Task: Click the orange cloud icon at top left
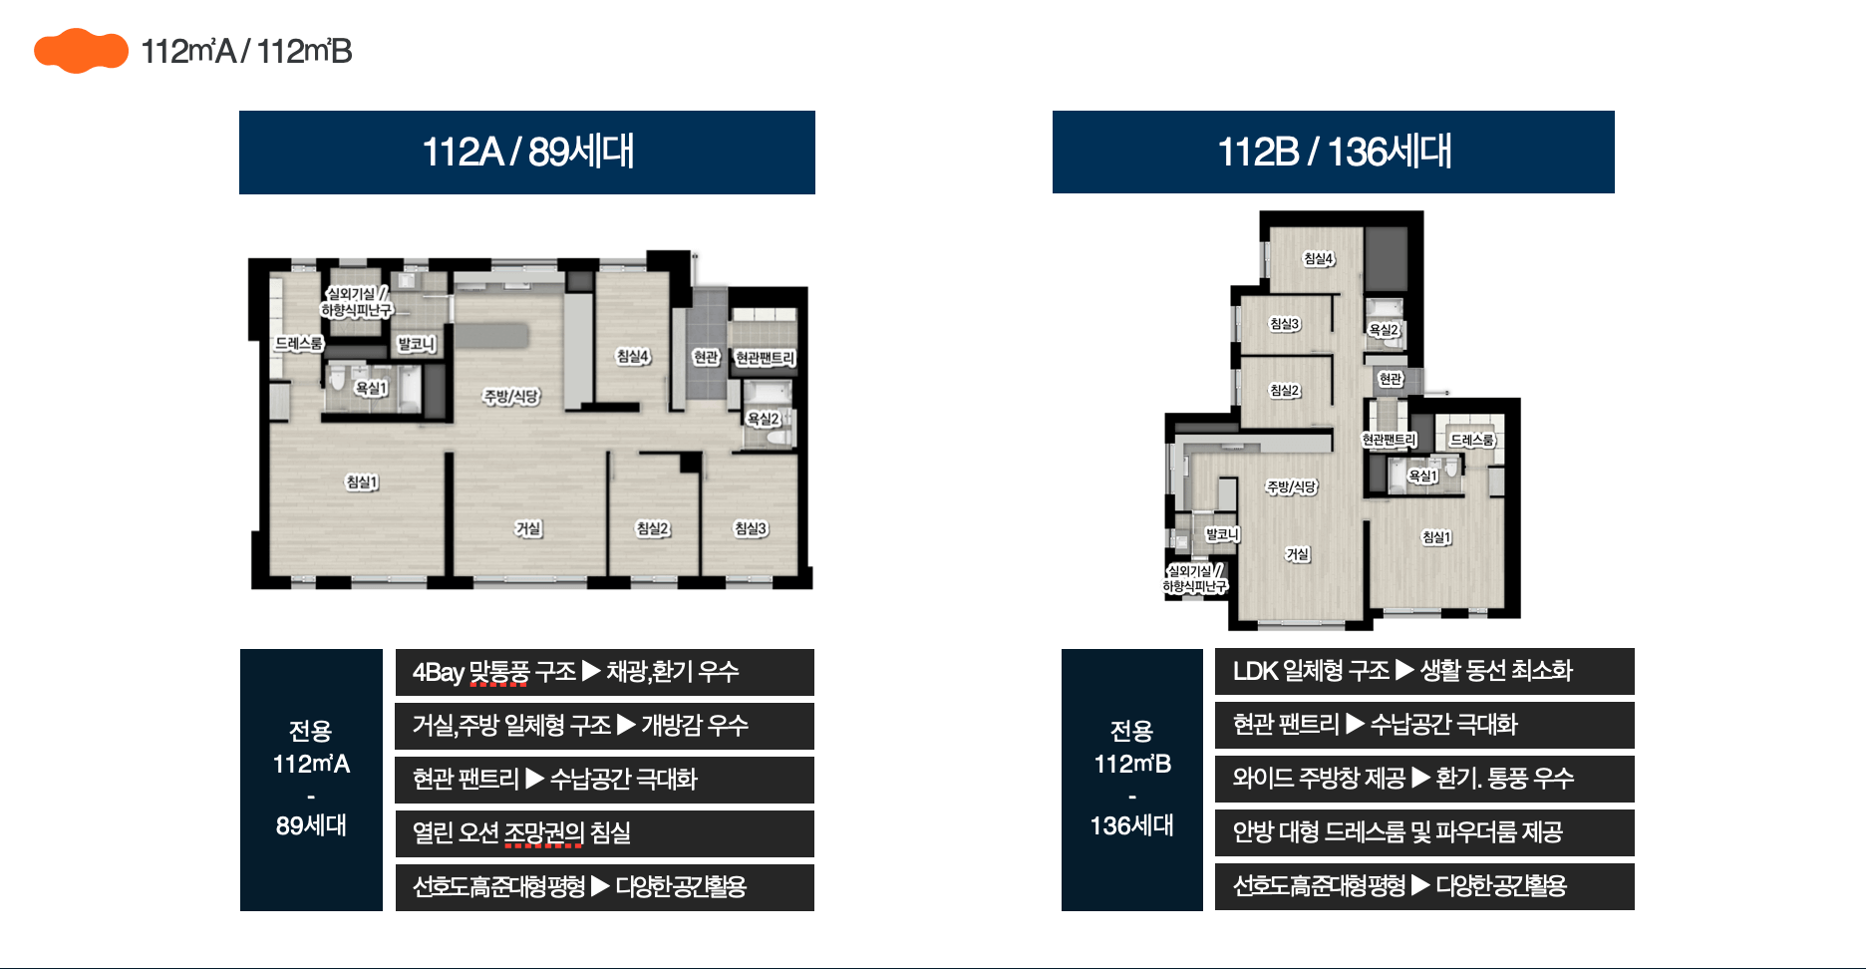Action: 81,51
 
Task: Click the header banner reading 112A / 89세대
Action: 527,153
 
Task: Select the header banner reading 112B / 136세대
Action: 1334,152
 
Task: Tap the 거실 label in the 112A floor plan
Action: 528,528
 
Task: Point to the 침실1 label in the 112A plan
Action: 362,483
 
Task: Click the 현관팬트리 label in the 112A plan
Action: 765,358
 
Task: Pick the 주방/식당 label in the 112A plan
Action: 511,397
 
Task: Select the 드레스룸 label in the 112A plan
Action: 299,344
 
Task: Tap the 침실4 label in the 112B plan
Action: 1318,259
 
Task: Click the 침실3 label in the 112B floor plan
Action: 1284,324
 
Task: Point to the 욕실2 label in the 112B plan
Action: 1384,330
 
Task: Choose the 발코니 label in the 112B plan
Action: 1222,534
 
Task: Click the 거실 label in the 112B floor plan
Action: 1297,554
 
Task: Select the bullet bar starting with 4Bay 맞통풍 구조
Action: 605,672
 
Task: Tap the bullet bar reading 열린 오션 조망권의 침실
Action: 605,833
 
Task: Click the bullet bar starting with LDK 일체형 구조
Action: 1424,671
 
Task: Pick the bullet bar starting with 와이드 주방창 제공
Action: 1424,779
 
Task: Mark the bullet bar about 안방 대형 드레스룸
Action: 1424,832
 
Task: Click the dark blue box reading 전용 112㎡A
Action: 311,780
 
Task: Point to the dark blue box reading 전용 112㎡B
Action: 1132,780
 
